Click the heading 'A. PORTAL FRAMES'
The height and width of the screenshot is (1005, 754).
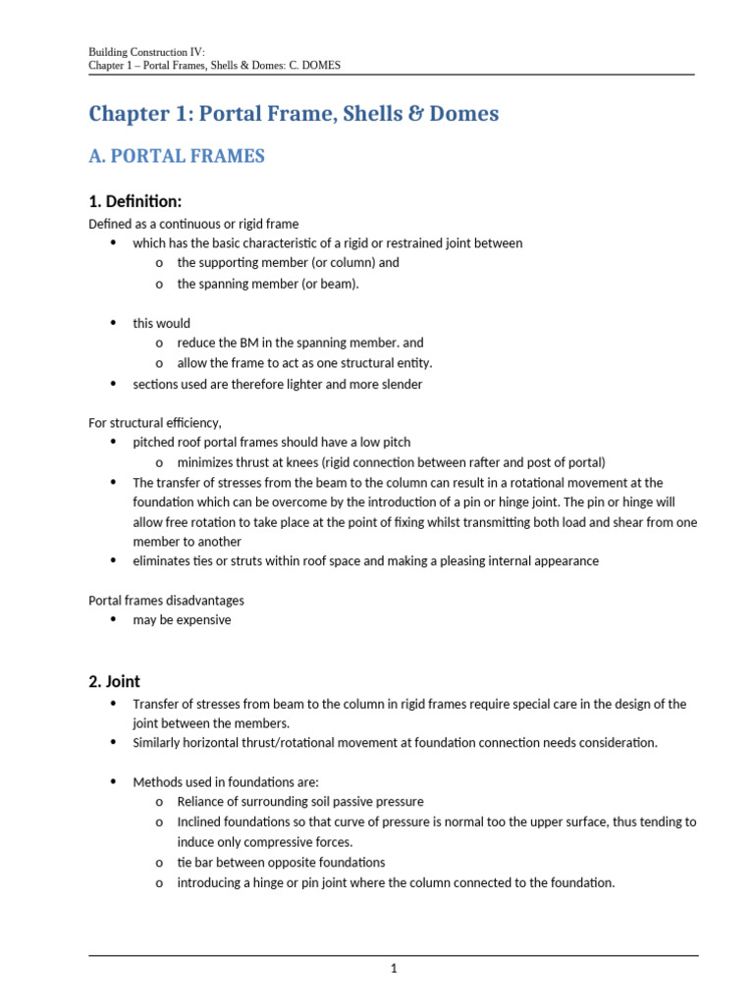click(x=177, y=156)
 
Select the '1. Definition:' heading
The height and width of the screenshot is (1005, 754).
click(x=135, y=201)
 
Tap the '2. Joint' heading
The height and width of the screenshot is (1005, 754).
click(x=114, y=680)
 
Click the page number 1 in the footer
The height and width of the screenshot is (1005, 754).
click(x=394, y=969)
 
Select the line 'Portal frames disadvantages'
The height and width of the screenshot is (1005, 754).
click(x=166, y=600)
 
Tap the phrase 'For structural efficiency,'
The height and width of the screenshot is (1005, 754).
click(x=155, y=422)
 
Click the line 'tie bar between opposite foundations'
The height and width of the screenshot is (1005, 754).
click(x=281, y=862)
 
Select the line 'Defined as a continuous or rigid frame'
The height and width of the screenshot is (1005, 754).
click(x=193, y=224)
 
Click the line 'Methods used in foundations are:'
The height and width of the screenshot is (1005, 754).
click(x=226, y=782)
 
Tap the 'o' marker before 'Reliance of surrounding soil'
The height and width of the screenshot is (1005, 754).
click(x=158, y=803)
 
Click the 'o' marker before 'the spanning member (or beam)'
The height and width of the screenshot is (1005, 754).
click(x=158, y=284)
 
